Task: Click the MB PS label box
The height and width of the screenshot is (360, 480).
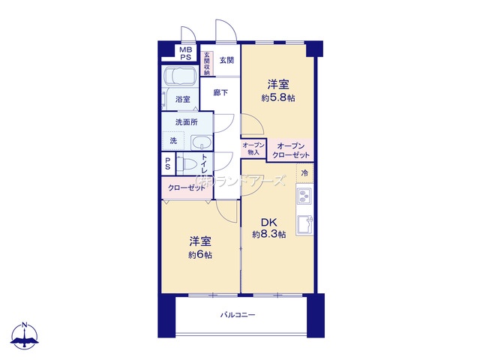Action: click(185, 53)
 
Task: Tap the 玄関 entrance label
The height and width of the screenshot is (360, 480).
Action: click(226, 60)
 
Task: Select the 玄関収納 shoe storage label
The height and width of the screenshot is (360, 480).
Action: click(207, 64)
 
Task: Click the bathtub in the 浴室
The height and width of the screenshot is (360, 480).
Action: click(180, 76)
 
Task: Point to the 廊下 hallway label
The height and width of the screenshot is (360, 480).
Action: click(220, 92)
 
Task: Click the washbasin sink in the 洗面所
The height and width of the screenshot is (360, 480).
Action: click(201, 142)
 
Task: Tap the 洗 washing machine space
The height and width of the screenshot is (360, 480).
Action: click(173, 141)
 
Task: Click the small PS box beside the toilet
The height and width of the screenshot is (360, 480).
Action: click(168, 163)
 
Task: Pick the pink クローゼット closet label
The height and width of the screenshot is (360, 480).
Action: click(187, 188)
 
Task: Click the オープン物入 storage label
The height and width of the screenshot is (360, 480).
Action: click(253, 148)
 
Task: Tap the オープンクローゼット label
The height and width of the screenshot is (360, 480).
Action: click(291, 150)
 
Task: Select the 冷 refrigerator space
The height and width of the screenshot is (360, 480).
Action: click(304, 173)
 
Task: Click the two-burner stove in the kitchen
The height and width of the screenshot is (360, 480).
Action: click(304, 196)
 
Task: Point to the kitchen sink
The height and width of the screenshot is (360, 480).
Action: click(304, 225)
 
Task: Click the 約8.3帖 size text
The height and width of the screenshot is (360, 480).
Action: click(269, 235)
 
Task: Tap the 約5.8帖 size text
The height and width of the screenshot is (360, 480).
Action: click(278, 98)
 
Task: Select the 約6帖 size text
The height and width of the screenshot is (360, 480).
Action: click(200, 255)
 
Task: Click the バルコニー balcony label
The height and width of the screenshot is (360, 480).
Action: click(238, 315)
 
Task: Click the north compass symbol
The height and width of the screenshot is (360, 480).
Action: click(25, 335)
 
